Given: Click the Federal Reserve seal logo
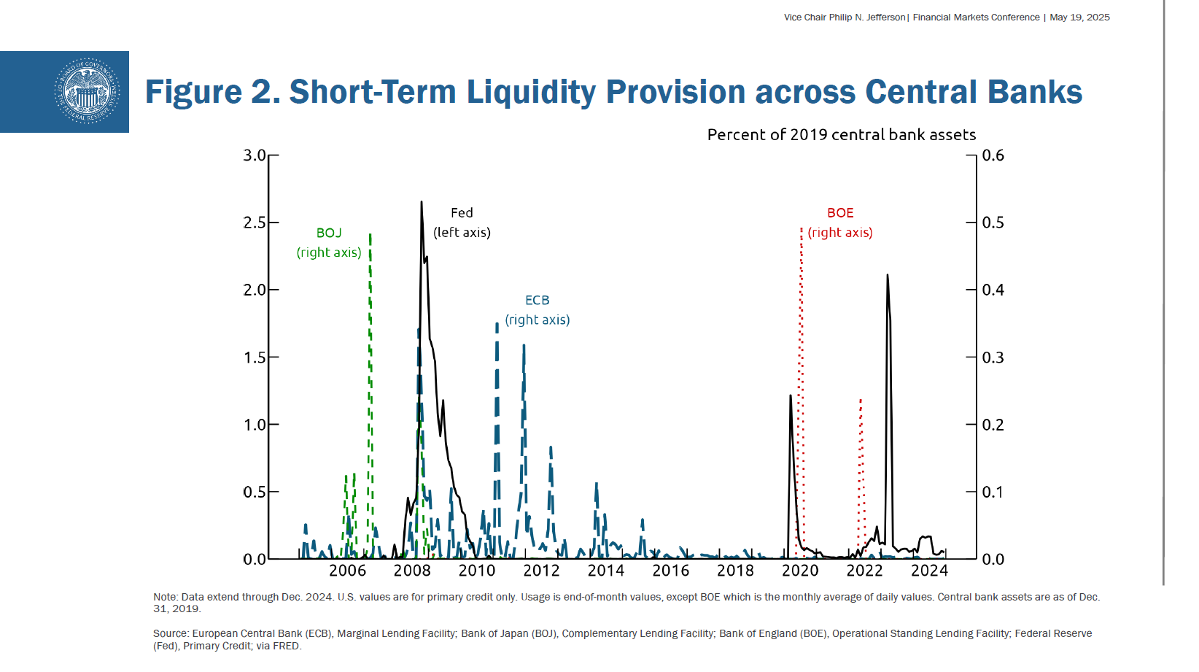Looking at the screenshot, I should [x=87, y=91].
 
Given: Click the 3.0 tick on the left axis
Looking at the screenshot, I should [x=255, y=155].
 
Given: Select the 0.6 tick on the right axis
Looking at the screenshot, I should [x=993, y=155].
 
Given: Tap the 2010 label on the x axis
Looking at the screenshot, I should [x=477, y=571].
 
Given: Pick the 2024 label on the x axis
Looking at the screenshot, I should [x=929, y=571].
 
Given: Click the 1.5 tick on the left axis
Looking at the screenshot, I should [x=255, y=358].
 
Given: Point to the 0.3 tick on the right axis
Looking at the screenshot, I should [x=993, y=358].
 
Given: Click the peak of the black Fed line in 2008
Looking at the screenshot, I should [x=422, y=202].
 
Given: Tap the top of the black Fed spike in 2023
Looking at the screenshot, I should [x=887, y=275].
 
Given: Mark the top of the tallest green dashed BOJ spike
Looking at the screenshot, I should [x=370, y=235].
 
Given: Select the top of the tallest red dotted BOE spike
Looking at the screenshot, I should [x=802, y=228].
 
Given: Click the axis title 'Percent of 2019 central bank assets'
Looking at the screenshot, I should [x=841, y=135].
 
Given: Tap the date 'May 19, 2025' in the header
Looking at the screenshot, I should [x=1079, y=18].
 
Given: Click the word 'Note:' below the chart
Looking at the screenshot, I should [x=166, y=597].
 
